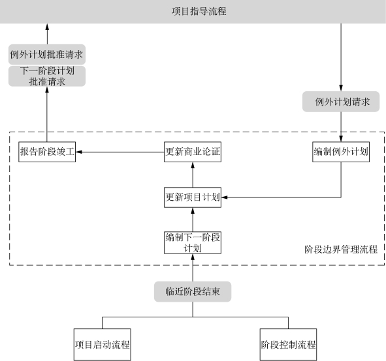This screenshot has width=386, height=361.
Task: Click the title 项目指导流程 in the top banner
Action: coord(199,11)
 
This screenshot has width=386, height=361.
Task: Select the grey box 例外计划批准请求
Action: coord(47,55)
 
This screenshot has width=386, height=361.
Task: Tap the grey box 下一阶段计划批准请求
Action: coord(47,76)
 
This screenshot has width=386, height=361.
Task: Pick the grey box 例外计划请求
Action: coord(341,102)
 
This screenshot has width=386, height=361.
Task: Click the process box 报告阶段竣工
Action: coord(47,152)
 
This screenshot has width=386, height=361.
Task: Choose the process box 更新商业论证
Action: coord(193,152)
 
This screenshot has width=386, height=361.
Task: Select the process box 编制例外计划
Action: coord(341,152)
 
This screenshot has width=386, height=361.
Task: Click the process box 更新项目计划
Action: coord(193,197)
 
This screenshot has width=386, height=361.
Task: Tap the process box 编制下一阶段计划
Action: coord(193,242)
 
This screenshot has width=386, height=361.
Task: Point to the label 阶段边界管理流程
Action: coord(341,250)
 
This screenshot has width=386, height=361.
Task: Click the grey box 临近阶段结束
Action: coord(193,291)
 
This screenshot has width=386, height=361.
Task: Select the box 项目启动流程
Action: coord(102,345)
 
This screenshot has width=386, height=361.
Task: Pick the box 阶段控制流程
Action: coord(288,345)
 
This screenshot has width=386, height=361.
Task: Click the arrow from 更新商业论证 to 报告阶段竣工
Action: coord(120,152)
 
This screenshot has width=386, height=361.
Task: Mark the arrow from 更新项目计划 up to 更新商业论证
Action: coord(193,175)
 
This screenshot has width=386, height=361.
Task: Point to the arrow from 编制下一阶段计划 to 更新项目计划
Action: coord(193,220)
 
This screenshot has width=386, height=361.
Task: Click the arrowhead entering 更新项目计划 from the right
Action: coord(224,197)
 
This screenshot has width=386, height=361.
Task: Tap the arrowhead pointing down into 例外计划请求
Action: coord(341,88)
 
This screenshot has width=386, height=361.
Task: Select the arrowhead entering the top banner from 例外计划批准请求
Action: coord(47,27)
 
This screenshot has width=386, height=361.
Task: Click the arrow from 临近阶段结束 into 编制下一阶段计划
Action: coord(193,267)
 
